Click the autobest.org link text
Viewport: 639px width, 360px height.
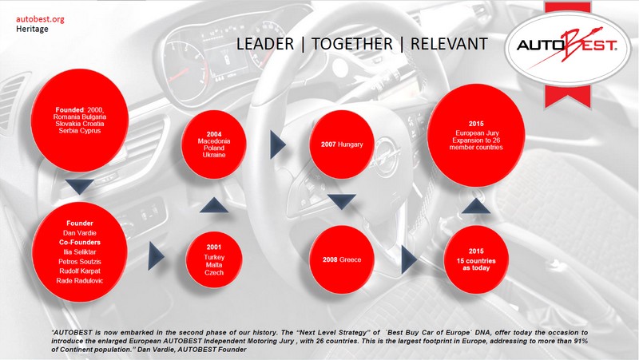click(40, 19)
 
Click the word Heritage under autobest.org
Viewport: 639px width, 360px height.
click(32, 29)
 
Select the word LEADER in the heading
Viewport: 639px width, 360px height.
click(265, 44)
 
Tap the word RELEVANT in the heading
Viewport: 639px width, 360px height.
click(449, 44)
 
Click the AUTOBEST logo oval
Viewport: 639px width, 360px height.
click(567, 49)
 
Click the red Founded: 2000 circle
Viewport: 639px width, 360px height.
click(80, 121)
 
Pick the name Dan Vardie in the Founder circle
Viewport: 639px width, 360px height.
click(80, 233)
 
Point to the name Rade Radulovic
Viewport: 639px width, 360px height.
click(80, 281)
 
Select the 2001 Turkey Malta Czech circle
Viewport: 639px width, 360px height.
click(214, 259)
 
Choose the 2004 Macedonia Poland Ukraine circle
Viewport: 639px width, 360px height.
click(214, 144)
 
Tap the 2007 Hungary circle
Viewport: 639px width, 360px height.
click(342, 144)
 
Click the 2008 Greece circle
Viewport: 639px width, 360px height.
click(342, 259)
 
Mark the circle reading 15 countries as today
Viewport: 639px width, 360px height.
click(476, 259)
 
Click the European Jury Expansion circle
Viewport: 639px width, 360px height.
click(476, 136)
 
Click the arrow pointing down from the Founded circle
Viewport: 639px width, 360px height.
click(80, 187)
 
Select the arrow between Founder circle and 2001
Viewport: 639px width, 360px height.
click(156, 255)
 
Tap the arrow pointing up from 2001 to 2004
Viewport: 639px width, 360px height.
click(214, 205)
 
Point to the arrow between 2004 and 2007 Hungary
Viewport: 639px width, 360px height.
click(278, 144)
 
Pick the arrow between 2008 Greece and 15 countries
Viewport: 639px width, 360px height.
click(409, 259)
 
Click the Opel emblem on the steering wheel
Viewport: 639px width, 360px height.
click(386, 156)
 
